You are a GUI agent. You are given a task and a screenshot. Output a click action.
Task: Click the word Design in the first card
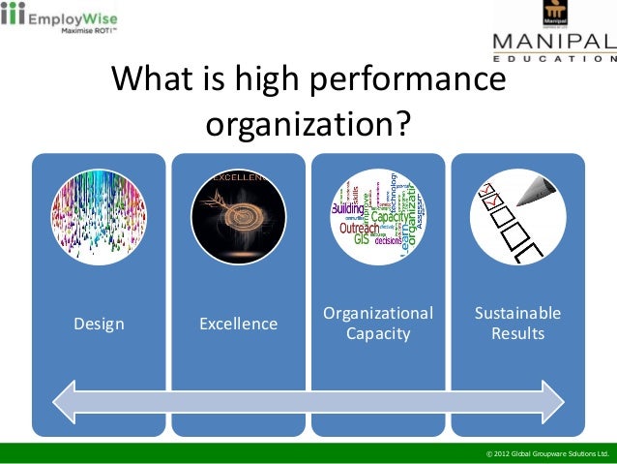[x=99, y=324]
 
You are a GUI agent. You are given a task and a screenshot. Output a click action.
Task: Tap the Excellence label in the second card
[x=238, y=324]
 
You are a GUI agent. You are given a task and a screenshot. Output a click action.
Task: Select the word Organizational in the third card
[x=377, y=314]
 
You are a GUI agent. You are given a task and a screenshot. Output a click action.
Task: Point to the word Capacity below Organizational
[x=377, y=334]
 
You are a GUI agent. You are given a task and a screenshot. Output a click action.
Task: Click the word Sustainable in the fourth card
[x=517, y=314]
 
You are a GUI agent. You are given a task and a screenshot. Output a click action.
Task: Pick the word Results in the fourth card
[x=517, y=334]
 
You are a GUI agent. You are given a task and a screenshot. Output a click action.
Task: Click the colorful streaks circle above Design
[x=99, y=209]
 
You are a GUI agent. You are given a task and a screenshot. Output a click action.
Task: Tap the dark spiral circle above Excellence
[x=238, y=209]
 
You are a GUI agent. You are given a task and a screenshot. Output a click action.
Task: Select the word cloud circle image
[x=377, y=209]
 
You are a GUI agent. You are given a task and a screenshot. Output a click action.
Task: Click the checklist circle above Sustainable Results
[x=517, y=209]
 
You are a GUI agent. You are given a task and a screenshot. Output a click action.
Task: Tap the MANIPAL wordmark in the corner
[x=554, y=42]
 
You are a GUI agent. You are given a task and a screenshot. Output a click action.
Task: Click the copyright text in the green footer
[x=547, y=453]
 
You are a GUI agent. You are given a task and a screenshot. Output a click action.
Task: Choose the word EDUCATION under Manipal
[x=554, y=59]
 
